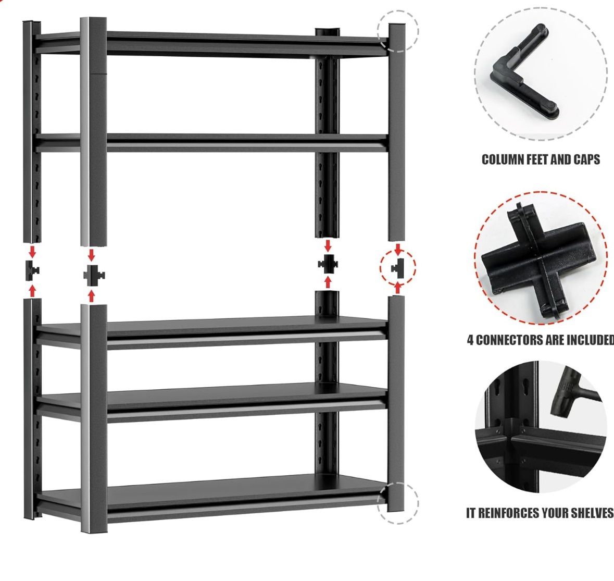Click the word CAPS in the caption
pos(586,159)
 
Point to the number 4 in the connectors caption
pos(470,340)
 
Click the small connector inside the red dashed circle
pos(398,267)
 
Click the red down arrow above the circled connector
pos(398,250)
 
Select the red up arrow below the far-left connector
pos(32,290)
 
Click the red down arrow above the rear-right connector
pos(328,245)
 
